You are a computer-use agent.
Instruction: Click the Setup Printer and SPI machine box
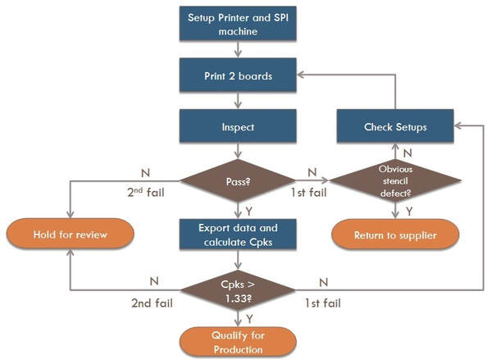click(238, 24)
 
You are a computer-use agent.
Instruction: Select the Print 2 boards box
click(238, 75)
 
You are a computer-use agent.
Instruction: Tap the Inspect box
click(238, 126)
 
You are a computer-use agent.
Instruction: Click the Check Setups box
click(395, 126)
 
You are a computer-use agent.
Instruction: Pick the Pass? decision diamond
click(238, 180)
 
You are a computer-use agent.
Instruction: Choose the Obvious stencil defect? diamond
click(395, 180)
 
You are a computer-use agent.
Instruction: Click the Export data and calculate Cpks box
click(238, 235)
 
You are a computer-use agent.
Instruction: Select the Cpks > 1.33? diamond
click(238, 290)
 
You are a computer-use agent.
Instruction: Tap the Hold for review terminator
click(70, 234)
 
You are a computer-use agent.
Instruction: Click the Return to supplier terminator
click(395, 235)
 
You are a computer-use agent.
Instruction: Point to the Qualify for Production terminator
click(238, 342)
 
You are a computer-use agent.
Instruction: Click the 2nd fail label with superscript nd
click(146, 192)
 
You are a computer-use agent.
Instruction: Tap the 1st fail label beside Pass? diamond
click(309, 193)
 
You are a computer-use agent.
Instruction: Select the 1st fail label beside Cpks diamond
click(323, 303)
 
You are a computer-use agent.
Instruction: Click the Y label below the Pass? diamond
click(249, 212)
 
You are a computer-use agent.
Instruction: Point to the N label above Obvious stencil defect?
click(407, 153)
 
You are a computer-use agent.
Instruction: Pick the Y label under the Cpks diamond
click(249, 319)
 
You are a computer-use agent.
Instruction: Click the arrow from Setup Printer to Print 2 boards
click(238, 49)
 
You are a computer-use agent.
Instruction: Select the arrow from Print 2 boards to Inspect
click(238, 101)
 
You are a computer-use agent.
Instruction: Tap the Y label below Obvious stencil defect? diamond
click(409, 212)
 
